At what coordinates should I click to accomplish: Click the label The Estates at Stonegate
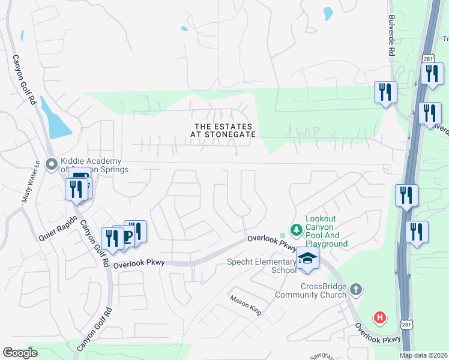tap(224, 130)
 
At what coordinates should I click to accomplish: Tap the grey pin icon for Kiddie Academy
tap(52, 163)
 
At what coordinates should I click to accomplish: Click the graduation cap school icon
tap(307, 258)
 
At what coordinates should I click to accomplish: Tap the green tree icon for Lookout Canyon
tap(295, 229)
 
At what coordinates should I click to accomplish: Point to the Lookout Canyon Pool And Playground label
tap(327, 232)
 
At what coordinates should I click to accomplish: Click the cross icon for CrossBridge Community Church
tap(356, 290)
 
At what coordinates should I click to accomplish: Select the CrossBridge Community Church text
tap(311, 290)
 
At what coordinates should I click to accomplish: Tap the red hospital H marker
tap(379, 317)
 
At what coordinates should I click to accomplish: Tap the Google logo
tap(20, 353)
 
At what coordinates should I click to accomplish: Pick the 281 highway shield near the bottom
tap(408, 325)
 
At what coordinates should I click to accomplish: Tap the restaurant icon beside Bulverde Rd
tap(385, 92)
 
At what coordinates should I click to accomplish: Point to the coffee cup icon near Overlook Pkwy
tap(127, 236)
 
